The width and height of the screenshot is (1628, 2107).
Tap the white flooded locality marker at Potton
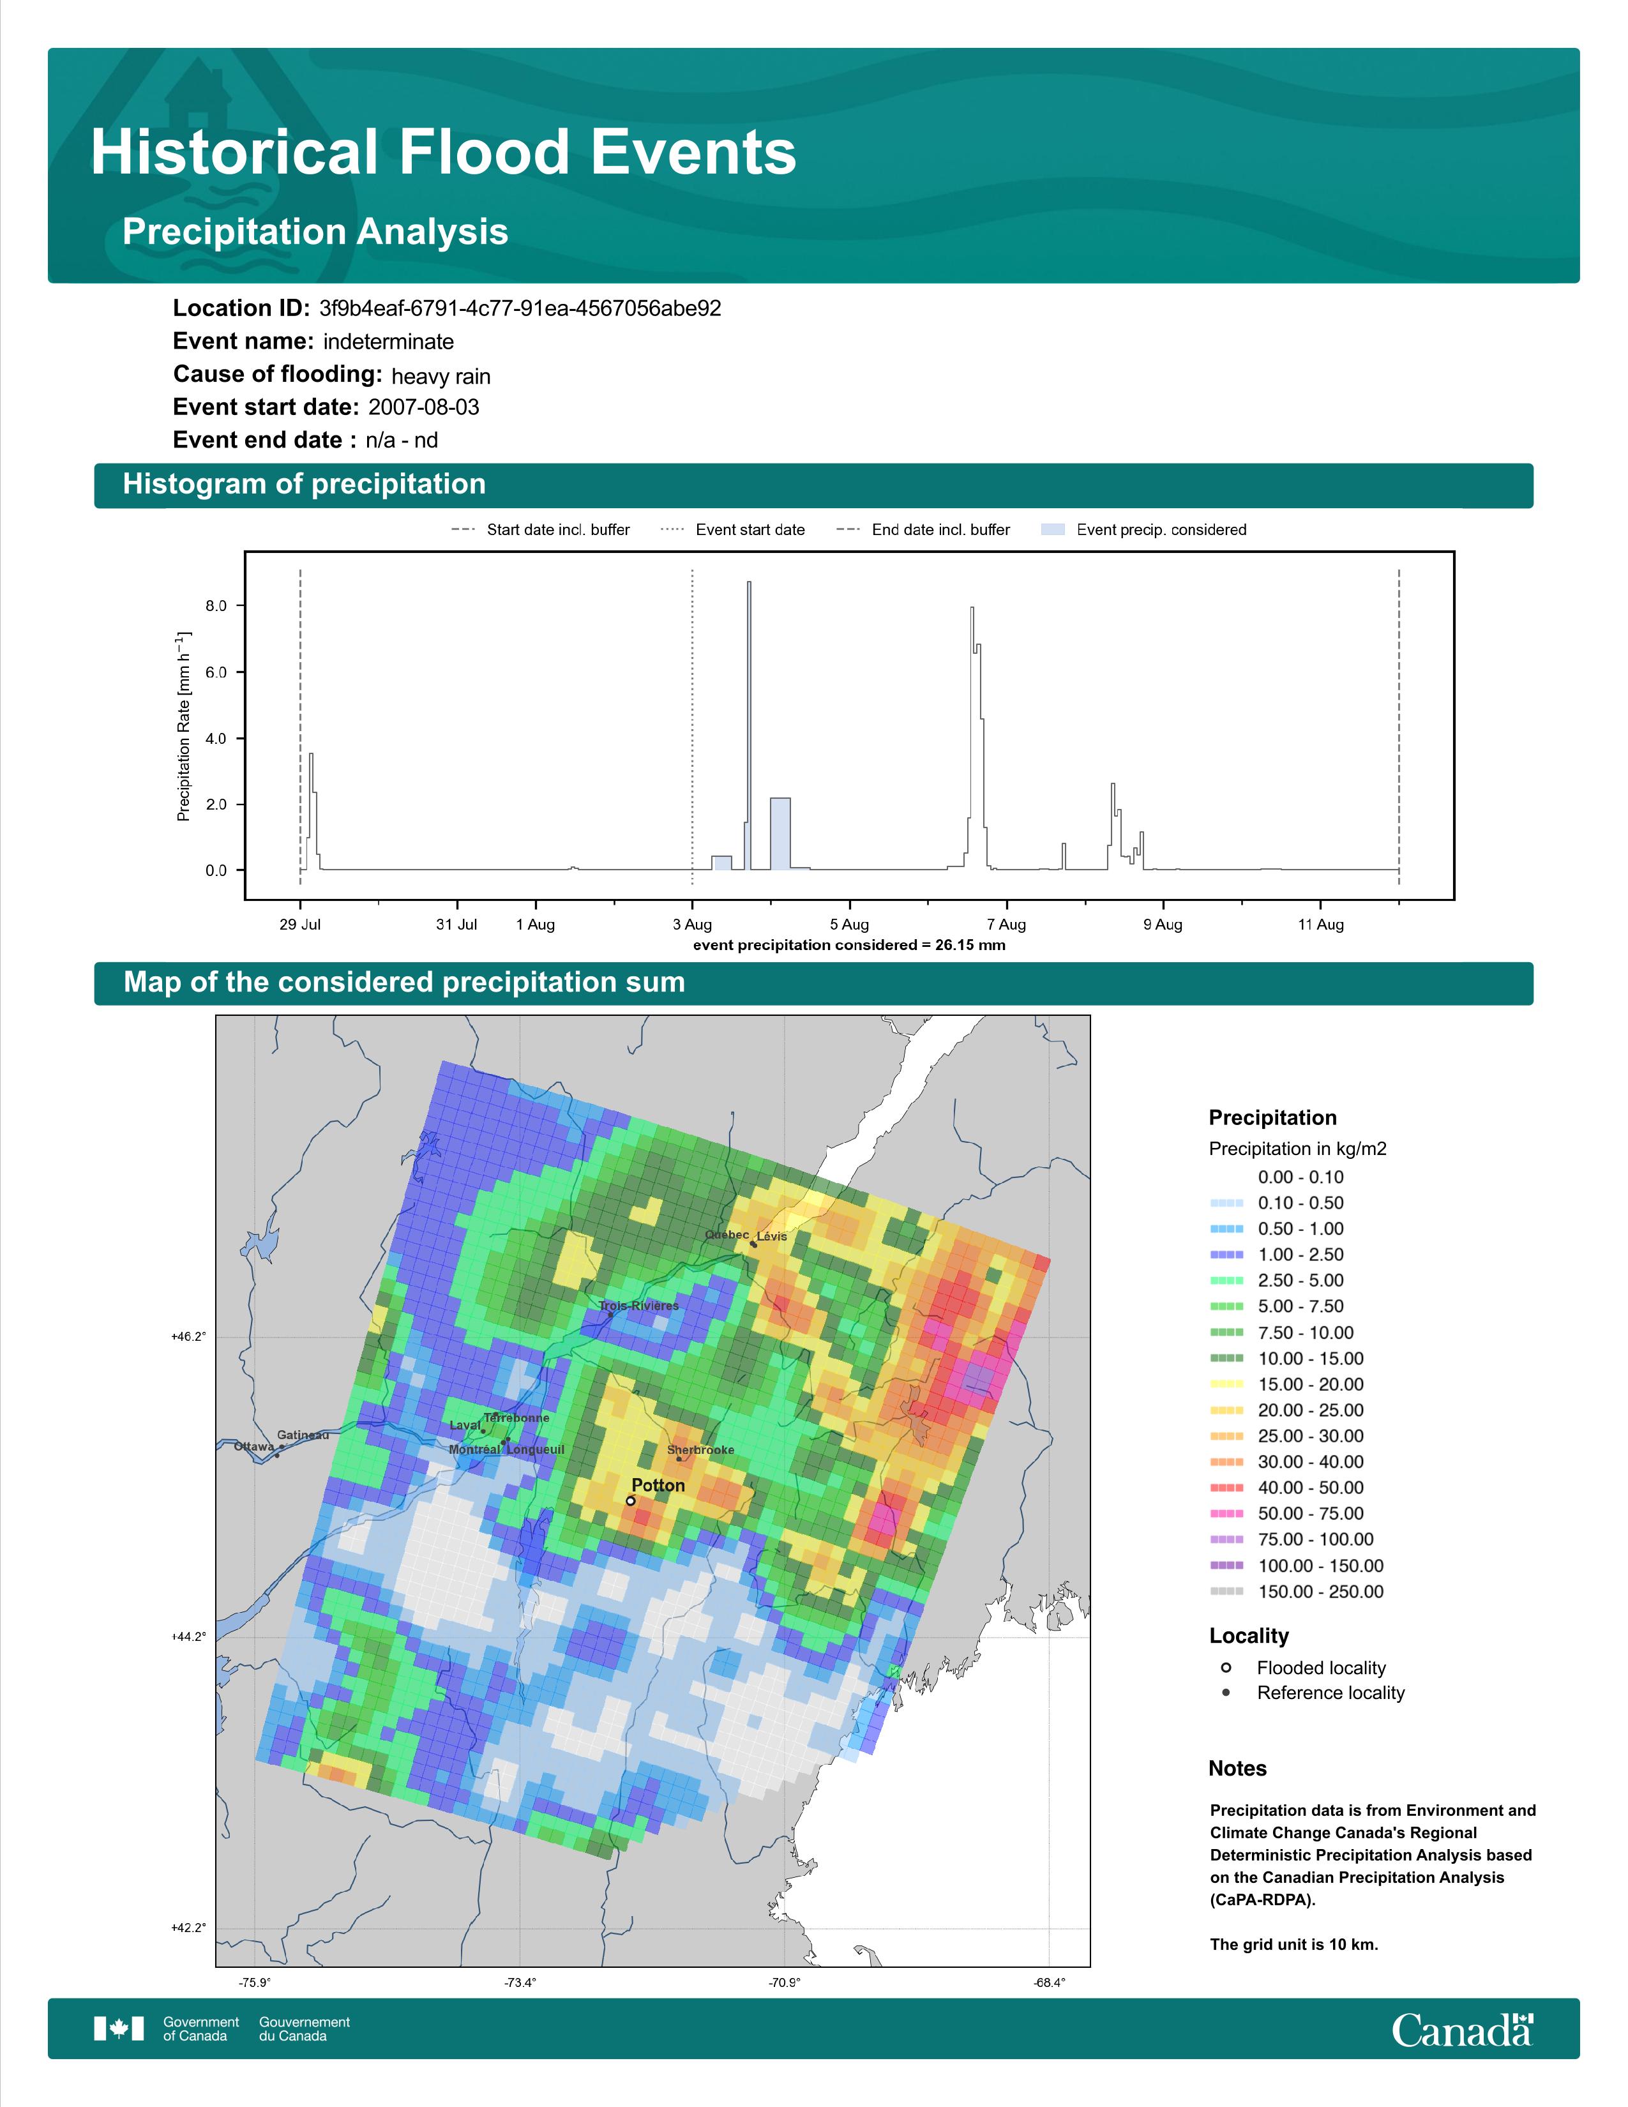click(x=631, y=1501)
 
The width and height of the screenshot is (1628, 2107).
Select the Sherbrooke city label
click(x=700, y=1450)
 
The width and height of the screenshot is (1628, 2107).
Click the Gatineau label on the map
click(x=303, y=1435)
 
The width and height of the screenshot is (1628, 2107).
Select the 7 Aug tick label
click(x=1006, y=925)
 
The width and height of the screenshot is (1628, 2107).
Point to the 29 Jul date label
click(x=300, y=925)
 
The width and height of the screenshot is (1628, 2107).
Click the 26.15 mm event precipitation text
click(x=970, y=944)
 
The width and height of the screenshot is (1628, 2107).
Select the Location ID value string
click(x=520, y=309)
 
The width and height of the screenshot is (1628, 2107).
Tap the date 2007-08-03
click(x=423, y=407)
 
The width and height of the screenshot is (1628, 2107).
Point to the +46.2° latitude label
click(x=188, y=1336)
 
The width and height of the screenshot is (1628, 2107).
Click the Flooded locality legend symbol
click(x=1226, y=1667)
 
